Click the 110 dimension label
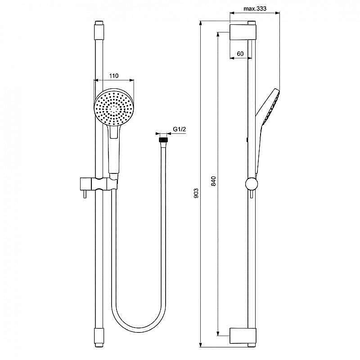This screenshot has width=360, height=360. tap(114, 76)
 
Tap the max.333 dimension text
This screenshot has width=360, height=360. tap(255, 9)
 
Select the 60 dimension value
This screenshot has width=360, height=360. tap(240, 54)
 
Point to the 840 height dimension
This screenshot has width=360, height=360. tap(213, 181)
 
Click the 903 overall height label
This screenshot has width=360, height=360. tap(196, 193)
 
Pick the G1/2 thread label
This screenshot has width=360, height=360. tap(179, 129)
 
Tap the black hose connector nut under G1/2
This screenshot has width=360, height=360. tap(163, 140)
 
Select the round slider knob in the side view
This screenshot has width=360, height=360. tap(252, 184)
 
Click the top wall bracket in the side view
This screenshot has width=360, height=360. tap(243, 32)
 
